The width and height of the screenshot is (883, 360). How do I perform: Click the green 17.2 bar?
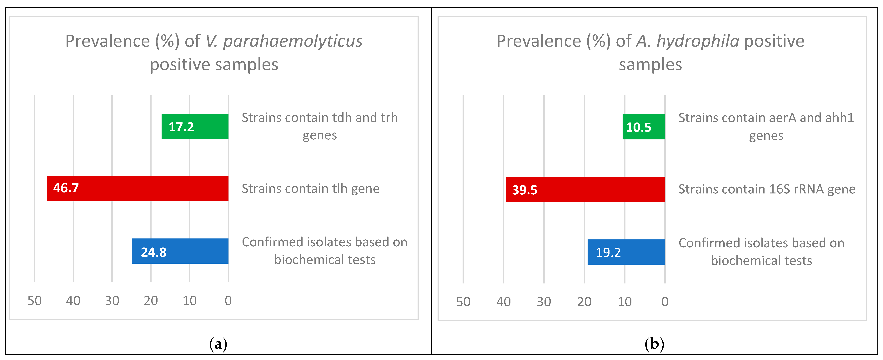[x=195, y=127]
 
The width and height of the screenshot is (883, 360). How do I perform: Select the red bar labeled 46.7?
[x=138, y=189]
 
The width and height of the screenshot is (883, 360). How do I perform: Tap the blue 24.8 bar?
[x=180, y=251]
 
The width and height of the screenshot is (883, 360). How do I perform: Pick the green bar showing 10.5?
[x=643, y=127]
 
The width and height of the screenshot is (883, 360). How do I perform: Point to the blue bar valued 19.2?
[x=626, y=252]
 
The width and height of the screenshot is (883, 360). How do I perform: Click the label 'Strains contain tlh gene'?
[x=311, y=189]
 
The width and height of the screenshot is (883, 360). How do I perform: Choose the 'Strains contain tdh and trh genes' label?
[x=319, y=126]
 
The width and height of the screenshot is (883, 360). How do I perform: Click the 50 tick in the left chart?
[x=35, y=301]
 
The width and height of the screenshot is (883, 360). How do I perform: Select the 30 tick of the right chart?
[x=544, y=302]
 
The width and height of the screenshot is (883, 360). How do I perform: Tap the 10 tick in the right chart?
[x=625, y=302]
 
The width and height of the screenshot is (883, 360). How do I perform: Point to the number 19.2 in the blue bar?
[x=608, y=253]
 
